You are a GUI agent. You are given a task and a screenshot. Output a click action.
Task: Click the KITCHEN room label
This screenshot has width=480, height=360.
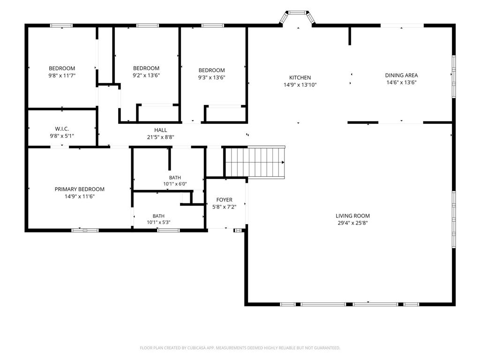300,78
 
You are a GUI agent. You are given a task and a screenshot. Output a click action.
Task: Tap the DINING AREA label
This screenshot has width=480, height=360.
401,75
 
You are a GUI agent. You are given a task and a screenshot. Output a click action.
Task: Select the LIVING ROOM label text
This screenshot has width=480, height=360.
352,216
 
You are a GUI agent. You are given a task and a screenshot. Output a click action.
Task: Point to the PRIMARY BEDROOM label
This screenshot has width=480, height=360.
80,189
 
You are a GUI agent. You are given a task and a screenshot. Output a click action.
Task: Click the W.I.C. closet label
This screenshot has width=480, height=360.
62,129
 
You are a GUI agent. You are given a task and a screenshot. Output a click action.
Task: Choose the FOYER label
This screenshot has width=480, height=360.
225,200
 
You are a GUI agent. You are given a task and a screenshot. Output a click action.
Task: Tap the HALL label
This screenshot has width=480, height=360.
161,130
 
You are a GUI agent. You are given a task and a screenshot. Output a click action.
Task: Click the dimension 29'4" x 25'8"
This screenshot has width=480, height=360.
352,223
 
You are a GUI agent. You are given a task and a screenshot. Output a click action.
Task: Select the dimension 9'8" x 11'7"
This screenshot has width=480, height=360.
62,75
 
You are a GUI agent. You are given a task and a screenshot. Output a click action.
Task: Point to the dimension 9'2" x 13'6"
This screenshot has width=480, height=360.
146,75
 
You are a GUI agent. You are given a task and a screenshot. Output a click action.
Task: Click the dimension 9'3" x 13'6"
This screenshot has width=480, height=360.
211,77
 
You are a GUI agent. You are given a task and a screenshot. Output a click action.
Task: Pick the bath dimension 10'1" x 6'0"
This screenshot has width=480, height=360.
175,184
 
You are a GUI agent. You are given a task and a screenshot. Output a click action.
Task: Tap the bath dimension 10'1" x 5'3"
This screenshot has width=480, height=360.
158,223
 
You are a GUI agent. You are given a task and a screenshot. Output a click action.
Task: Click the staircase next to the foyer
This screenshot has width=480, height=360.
255,162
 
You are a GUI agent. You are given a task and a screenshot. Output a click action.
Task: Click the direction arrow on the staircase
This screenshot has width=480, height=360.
283,162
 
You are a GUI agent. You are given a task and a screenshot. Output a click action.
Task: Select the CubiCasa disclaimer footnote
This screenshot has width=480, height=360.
240,348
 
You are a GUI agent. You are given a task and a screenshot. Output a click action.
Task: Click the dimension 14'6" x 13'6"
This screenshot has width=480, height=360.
401,82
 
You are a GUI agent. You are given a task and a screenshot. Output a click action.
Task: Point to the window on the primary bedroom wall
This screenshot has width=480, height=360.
85,230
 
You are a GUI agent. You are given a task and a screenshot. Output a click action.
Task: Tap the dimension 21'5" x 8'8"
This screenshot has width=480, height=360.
161,137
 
